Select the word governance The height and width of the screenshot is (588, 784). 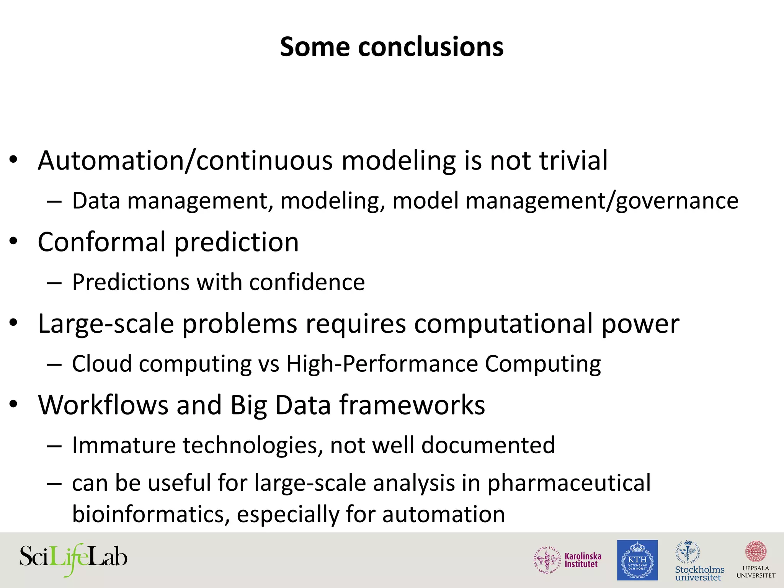pos(677,201)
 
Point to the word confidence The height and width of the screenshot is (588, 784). pos(307,283)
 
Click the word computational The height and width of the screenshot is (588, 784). pos(503,324)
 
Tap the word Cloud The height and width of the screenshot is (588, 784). pos(102,364)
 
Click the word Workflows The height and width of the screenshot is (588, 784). pos(103,405)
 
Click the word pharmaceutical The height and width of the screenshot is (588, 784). pos(568,483)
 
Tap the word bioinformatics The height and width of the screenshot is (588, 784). pos(151,514)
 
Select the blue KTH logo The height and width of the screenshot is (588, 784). pos(637,560)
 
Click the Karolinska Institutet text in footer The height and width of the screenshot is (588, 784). pos(583,560)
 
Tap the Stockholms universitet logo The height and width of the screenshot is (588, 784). pos(699,561)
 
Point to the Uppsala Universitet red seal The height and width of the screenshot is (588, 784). pos(756,552)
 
